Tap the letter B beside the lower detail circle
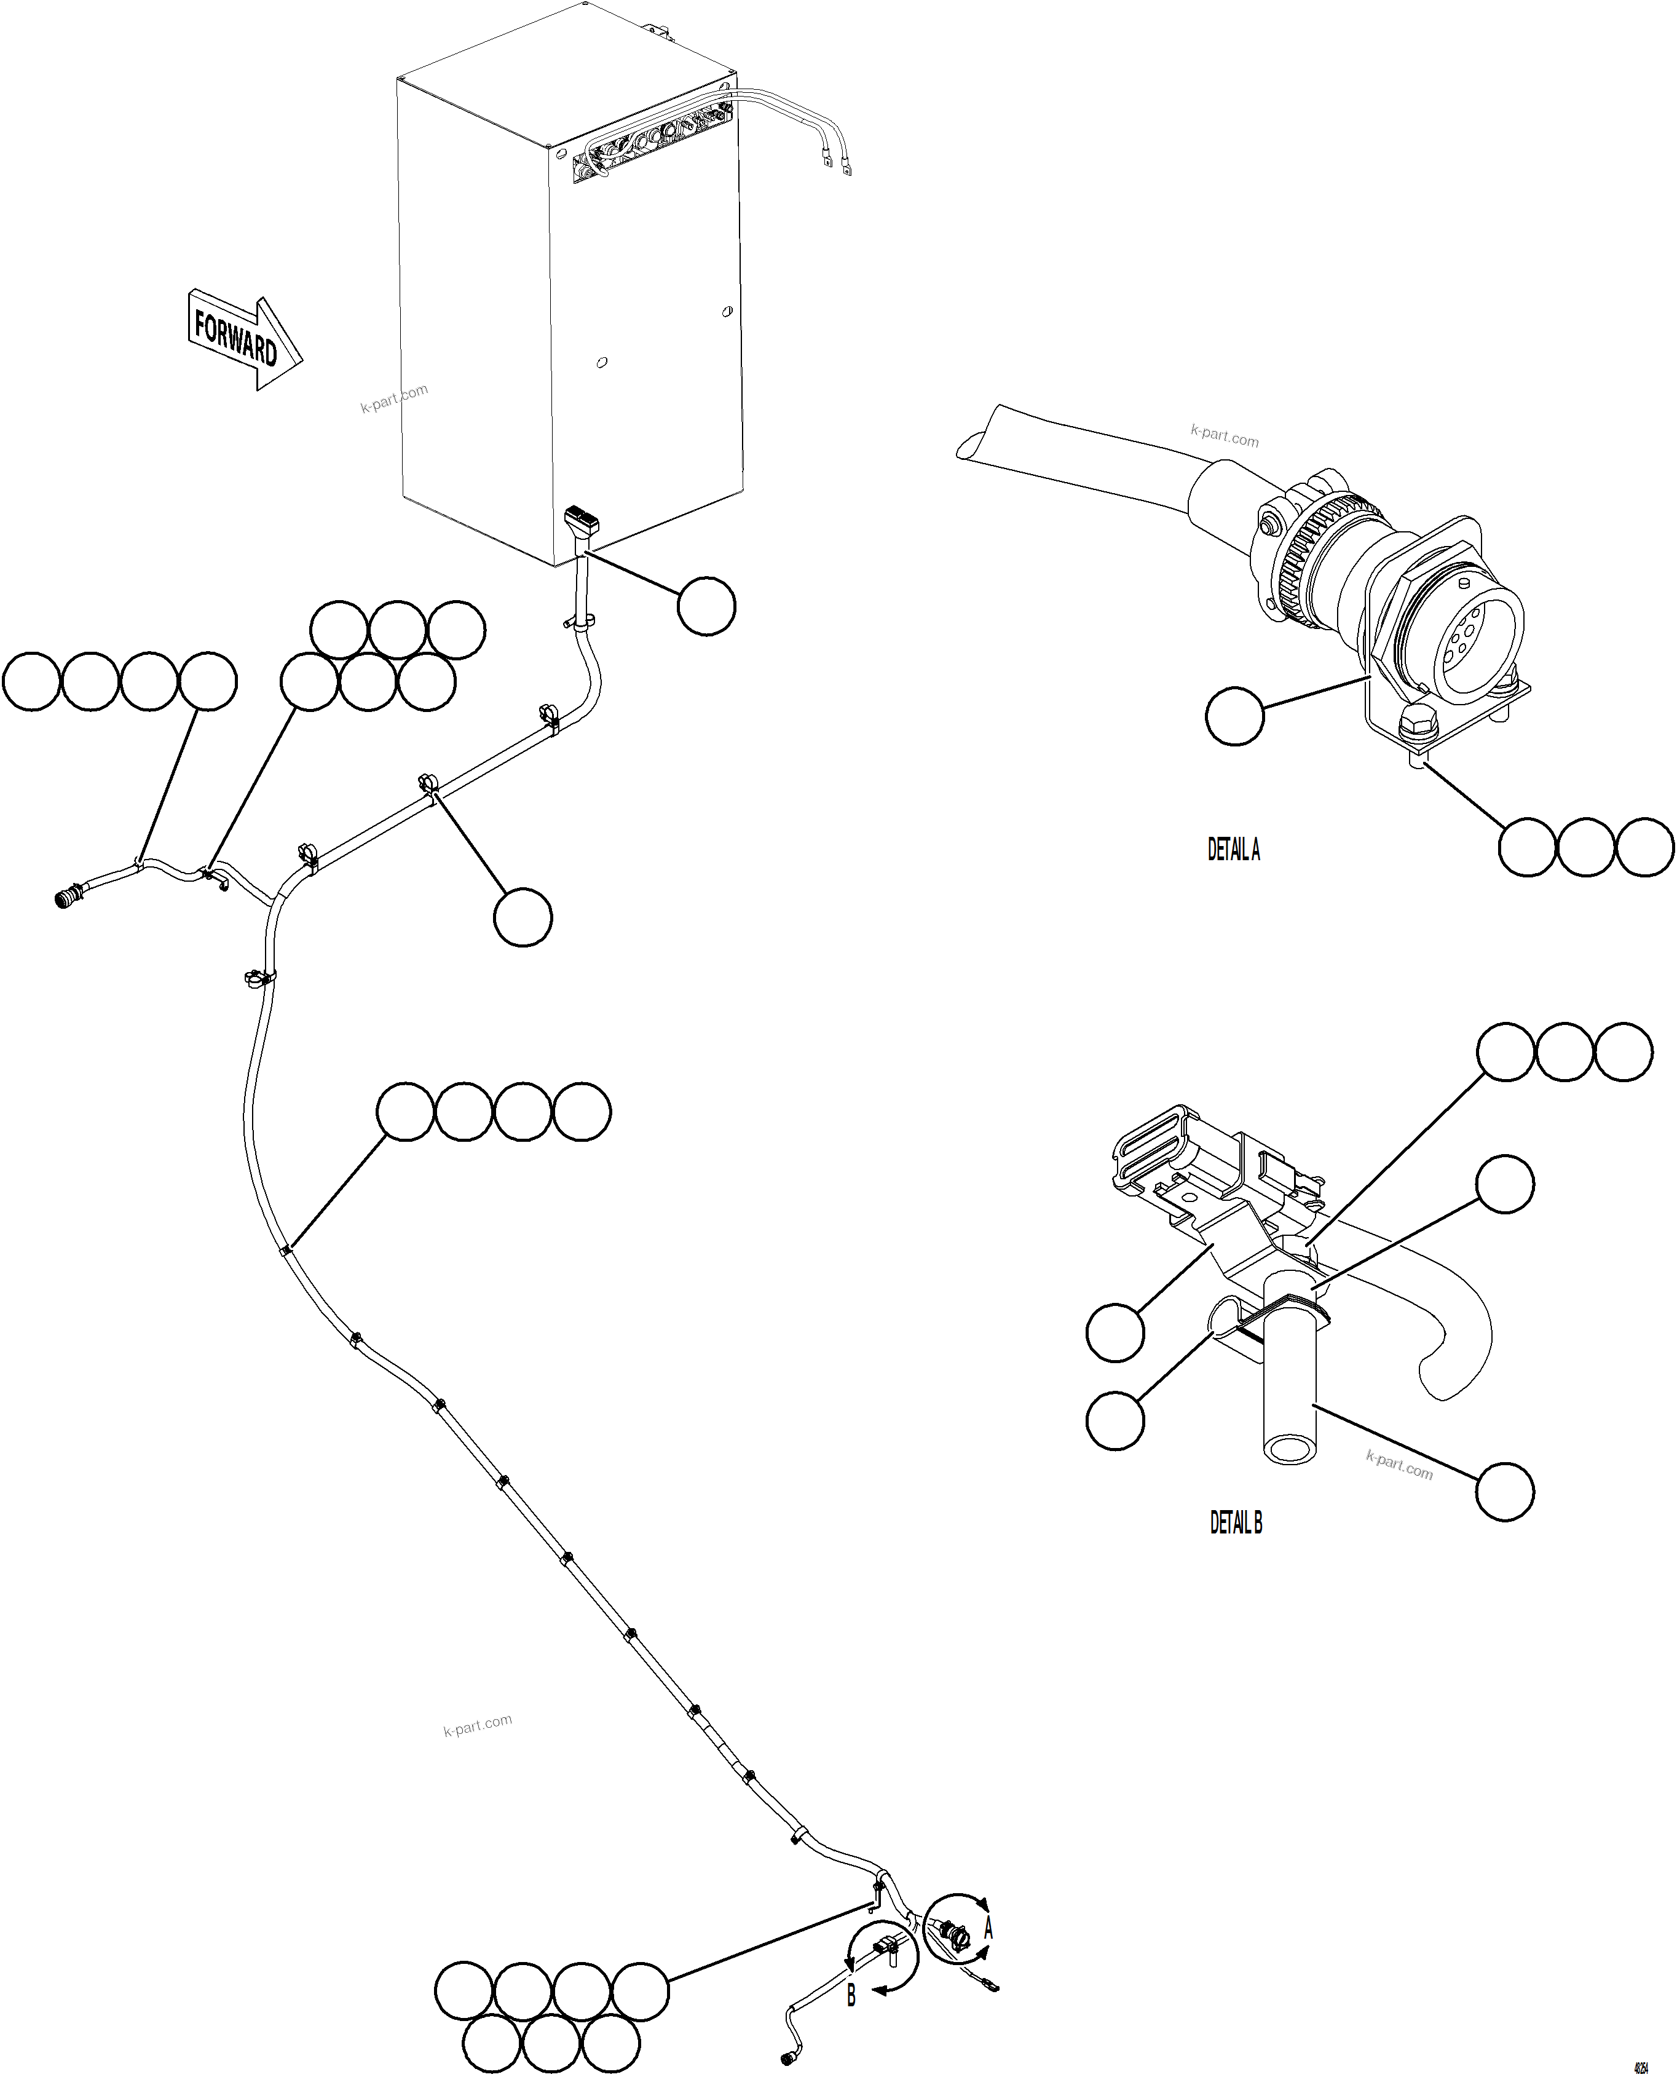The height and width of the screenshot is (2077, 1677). click(x=851, y=1994)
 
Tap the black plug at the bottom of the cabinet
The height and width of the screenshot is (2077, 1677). click(x=583, y=521)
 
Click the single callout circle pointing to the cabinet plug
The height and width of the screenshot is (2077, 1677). click(x=706, y=606)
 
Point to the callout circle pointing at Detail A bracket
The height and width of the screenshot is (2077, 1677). click(x=1234, y=716)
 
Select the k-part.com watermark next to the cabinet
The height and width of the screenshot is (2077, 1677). click(x=393, y=398)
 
